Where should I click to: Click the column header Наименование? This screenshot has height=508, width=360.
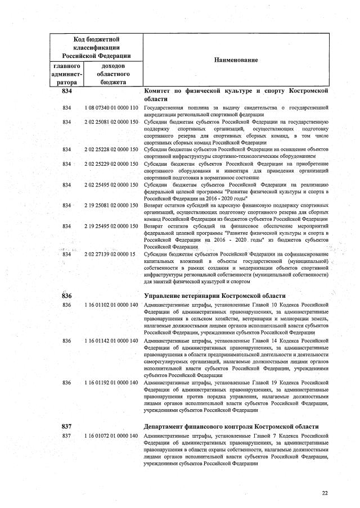click(235, 60)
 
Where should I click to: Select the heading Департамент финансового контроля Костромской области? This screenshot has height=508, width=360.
click(232, 427)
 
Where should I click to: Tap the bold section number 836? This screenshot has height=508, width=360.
click(67, 296)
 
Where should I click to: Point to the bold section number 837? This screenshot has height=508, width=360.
click(67, 427)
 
